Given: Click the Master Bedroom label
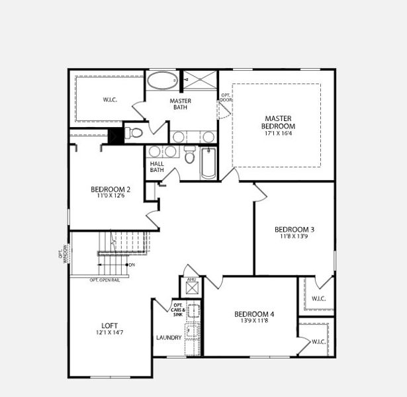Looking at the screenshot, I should [x=277, y=122].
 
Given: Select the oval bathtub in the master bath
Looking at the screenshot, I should [x=161, y=82].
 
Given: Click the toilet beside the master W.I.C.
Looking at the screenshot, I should [x=135, y=132].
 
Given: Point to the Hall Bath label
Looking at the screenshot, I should [x=156, y=167].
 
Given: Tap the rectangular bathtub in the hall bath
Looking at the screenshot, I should [x=208, y=163].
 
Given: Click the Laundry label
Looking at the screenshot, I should [x=169, y=337].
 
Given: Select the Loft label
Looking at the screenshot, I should [x=110, y=326].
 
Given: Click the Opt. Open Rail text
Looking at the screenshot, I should [x=105, y=280].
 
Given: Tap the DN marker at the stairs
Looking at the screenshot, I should [x=132, y=265].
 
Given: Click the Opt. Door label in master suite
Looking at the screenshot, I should [x=225, y=98].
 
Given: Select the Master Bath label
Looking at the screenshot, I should [x=181, y=104].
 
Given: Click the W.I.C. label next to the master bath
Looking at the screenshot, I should [x=109, y=101].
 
